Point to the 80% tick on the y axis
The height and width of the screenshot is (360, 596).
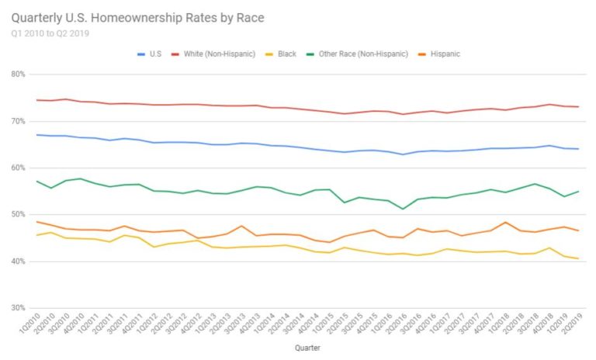pyautogui.click(x=18, y=74)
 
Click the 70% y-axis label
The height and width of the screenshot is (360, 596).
pyautogui.click(x=18, y=122)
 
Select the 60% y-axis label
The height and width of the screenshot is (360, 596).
pyautogui.click(x=18, y=168)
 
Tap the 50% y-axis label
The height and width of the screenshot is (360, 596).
pyautogui.click(x=18, y=215)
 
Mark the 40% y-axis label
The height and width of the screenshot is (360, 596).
pyautogui.click(x=18, y=262)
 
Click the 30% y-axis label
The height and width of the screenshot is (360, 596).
pyautogui.click(x=18, y=309)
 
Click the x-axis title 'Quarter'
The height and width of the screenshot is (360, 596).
pyautogui.click(x=307, y=348)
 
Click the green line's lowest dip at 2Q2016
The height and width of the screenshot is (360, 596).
pyautogui.click(x=403, y=209)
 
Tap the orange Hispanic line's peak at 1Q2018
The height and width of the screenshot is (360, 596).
pyautogui.click(x=505, y=223)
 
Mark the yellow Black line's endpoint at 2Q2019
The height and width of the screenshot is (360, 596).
pyautogui.click(x=578, y=258)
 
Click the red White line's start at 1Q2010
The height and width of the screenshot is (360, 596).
pyautogui.click(x=37, y=100)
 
